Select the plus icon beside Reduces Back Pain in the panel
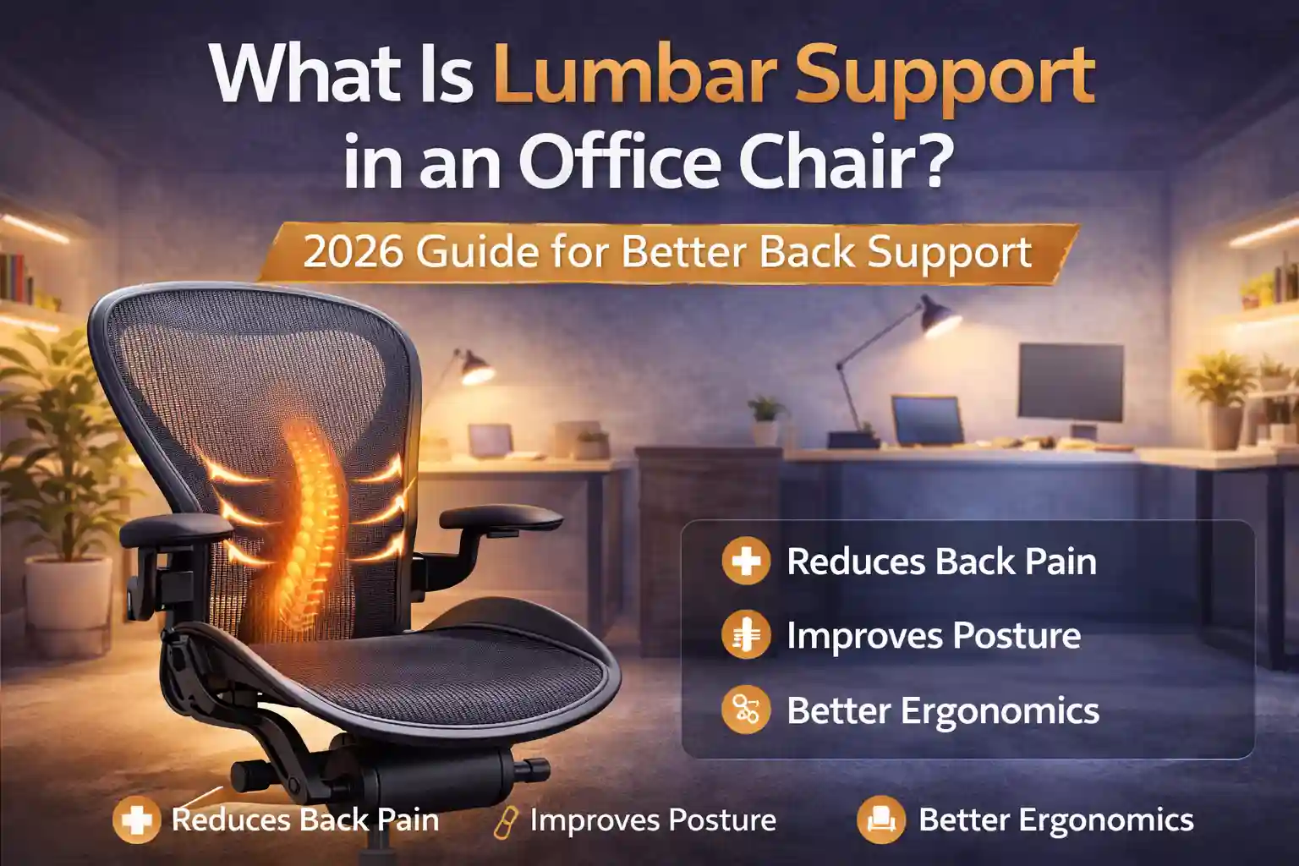point(746,562)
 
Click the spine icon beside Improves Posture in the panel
point(746,636)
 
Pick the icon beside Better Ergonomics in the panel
point(746,710)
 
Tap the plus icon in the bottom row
point(136,819)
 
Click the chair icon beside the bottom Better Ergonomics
point(880,819)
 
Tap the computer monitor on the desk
point(1071,381)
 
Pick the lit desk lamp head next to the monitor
point(939,317)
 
